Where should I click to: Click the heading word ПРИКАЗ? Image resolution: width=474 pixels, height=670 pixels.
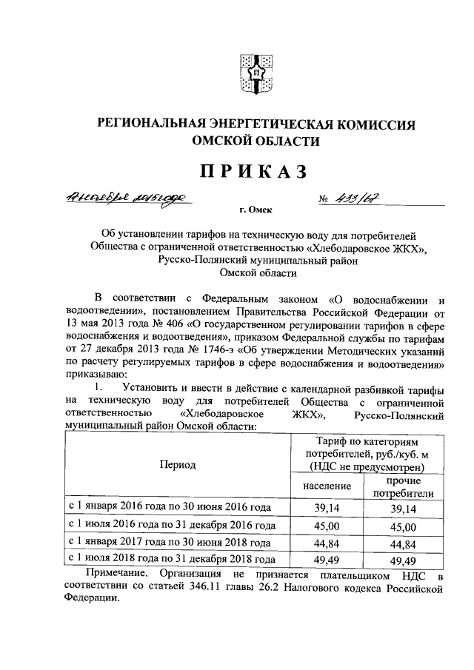coord(251,172)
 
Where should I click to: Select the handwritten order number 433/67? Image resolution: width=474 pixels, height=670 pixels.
coord(367,198)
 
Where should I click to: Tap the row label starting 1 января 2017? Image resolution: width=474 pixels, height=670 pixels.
coord(170,543)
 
